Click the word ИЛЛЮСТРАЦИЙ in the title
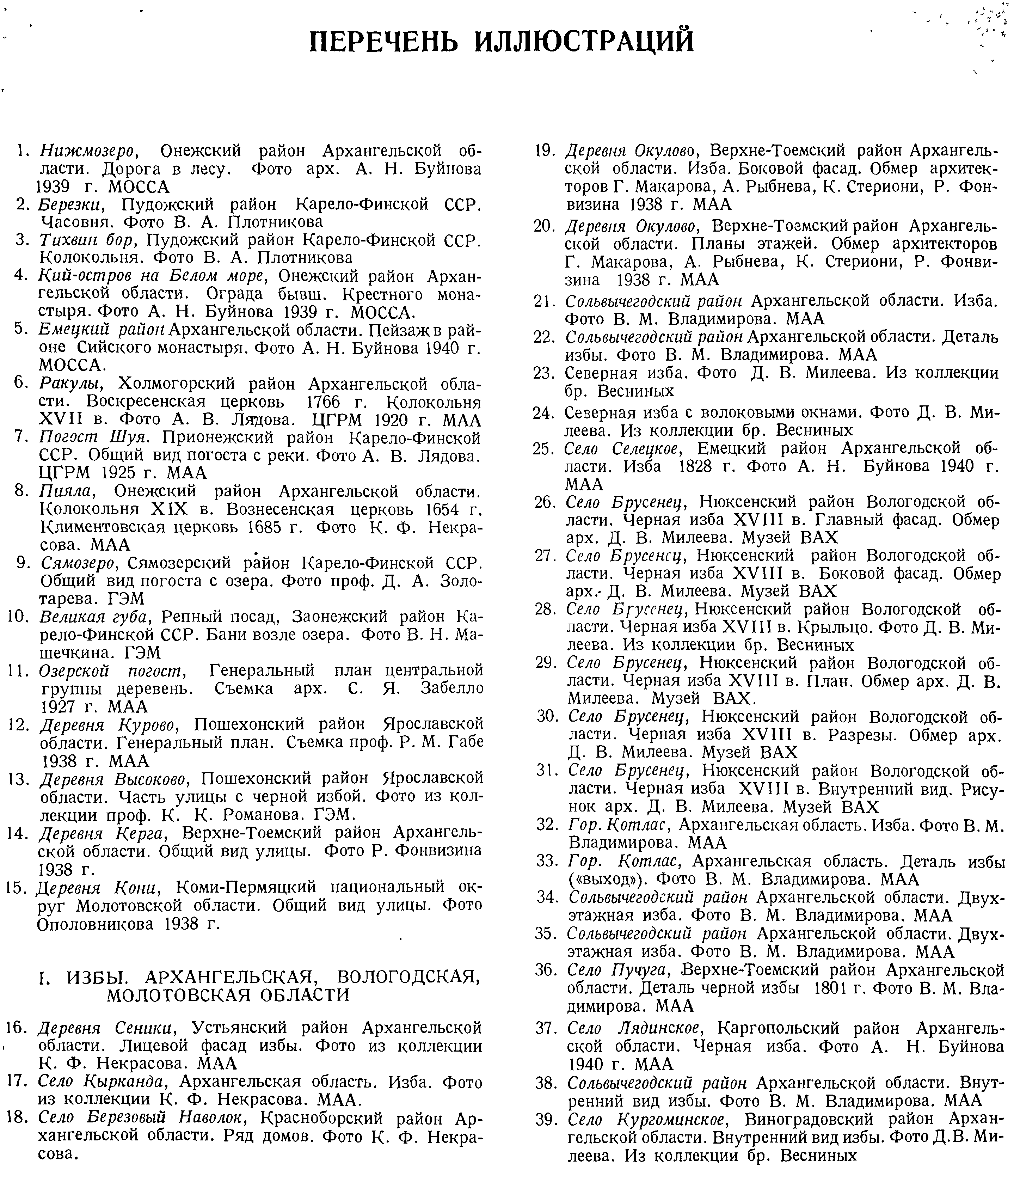(x=585, y=41)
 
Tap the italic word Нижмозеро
(x=86, y=151)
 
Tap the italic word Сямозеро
(x=78, y=563)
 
